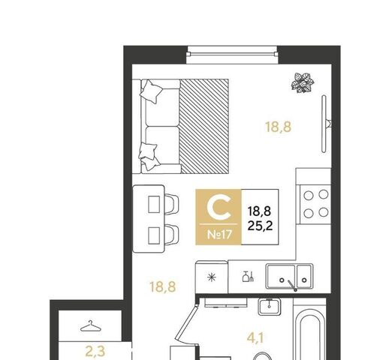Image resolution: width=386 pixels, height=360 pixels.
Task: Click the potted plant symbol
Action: pyautogui.click(x=303, y=82)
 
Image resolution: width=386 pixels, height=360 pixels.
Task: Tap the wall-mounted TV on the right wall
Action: pyautogui.click(x=324, y=124)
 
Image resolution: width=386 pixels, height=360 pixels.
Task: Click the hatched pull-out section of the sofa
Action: pyautogui.click(x=204, y=126)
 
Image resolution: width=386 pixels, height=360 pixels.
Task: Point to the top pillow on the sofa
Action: pyautogui.click(x=152, y=91)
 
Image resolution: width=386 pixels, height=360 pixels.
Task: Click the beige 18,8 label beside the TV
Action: pyautogui.click(x=279, y=127)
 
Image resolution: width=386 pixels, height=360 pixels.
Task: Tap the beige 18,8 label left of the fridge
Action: pyautogui.click(x=163, y=286)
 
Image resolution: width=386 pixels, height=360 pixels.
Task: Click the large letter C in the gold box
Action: pyautogui.click(x=219, y=207)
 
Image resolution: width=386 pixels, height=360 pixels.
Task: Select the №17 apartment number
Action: pyautogui.click(x=220, y=235)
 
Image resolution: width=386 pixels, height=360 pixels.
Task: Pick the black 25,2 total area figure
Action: pyautogui.click(x=260, y=226)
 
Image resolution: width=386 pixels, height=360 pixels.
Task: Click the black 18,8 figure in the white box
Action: pyautogui.click(x=259, y=211)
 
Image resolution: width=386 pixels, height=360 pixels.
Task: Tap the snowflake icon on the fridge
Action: pyautogui.click(x=212, y=277)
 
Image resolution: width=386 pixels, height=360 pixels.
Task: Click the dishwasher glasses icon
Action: pyautogui.click(x=248, y=277)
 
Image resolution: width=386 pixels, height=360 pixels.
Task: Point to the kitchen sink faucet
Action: pyautogui.click(x=292, y=286)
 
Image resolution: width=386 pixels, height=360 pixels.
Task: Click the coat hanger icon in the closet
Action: pyautogui.click(x=91, y=326)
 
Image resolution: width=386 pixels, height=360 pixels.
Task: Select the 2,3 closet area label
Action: pyautogui.click(x=95, y=351)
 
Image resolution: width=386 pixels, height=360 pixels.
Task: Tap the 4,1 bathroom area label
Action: pyautogui.click(x=255, y=338)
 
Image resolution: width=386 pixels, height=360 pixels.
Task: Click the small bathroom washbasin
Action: pyautogui.click(x=270, y=307)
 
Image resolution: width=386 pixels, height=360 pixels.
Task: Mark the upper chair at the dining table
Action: pyautogui.click(x=172, y=204)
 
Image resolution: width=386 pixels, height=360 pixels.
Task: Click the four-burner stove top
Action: pyautogui.click(x=315, y=204)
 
